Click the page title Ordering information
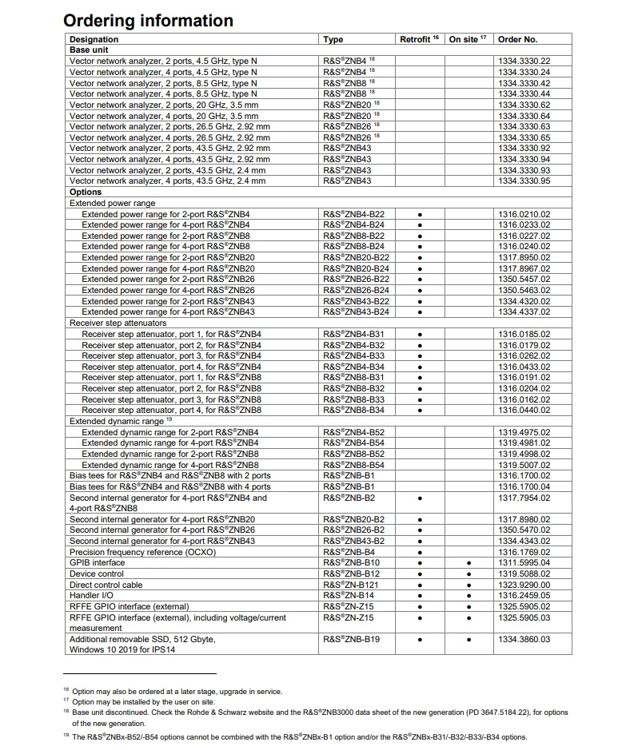[x=148, y=20]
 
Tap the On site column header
[x=468, y=39]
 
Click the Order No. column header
[x=517, y=39]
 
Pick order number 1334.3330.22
[x=524, y=61]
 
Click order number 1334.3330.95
[x=524, y=181]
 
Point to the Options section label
[x=86, y=192]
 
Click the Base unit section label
[x=90, y=50]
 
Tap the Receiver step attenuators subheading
[x=118, y=323]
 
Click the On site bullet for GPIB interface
[x=469, y=563]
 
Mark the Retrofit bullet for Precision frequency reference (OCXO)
[x=420, y=552]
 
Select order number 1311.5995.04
[x=524, y=563]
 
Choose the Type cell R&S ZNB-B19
[x=351, y=640]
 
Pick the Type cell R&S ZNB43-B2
[x=353, y=541]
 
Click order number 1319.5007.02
[x=524, y=465]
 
